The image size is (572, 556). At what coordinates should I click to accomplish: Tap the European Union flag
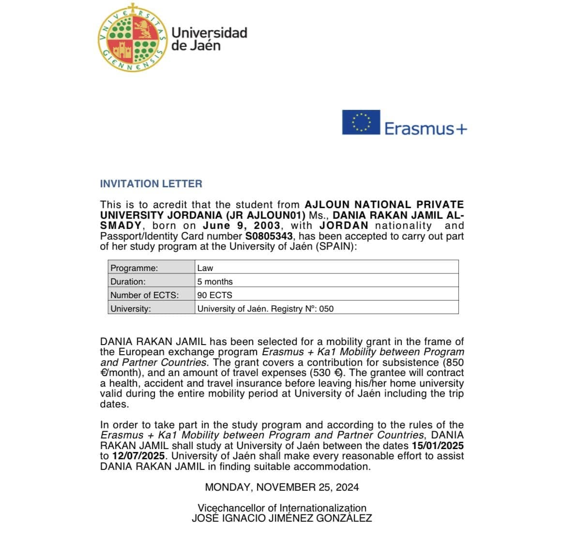pos(361,122)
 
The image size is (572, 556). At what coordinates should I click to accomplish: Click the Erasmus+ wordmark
pos(426,129)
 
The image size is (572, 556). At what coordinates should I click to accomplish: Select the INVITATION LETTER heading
pos(151,184)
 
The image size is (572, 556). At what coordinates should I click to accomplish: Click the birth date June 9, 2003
pos(241,225)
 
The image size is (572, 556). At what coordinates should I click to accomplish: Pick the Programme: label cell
pos(151,268)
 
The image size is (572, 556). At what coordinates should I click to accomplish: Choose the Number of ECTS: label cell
pos(151,295)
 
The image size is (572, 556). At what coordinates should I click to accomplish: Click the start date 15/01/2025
pos(437,446)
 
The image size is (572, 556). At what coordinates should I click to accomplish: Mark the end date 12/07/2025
pos(139,456)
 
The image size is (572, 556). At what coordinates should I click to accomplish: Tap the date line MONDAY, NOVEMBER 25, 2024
pos(282,487)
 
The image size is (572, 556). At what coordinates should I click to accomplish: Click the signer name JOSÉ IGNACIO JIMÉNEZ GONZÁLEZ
pos(282,518)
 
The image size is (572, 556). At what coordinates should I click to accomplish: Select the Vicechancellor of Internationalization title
pos(282,508)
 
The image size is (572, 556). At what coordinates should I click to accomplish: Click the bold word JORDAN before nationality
pos(344,225)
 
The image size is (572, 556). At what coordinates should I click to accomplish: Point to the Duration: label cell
pos(151,281)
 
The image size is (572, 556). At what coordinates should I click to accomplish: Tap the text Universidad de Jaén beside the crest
pos(209,39)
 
